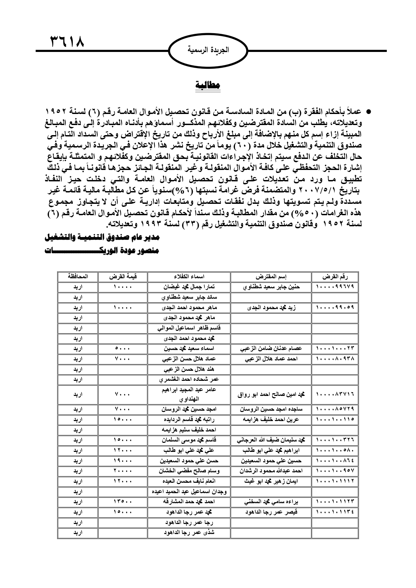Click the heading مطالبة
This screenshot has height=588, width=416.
208,85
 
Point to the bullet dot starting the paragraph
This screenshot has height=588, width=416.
368,111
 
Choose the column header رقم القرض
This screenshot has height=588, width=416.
335,277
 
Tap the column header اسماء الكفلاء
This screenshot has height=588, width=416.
189,277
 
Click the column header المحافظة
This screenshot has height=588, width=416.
78,277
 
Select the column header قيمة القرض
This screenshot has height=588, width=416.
123,277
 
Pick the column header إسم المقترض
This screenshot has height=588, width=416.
271,277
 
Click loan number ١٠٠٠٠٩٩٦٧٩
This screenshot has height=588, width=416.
335,287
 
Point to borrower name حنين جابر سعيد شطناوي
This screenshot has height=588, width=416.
271,287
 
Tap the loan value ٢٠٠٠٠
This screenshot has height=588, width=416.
123,471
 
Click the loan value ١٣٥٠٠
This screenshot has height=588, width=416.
123,502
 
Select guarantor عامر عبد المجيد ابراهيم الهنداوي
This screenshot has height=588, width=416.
189,395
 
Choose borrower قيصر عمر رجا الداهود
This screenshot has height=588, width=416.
271,512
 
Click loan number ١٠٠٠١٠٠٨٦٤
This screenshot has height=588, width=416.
335,461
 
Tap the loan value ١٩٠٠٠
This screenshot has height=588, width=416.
123,461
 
